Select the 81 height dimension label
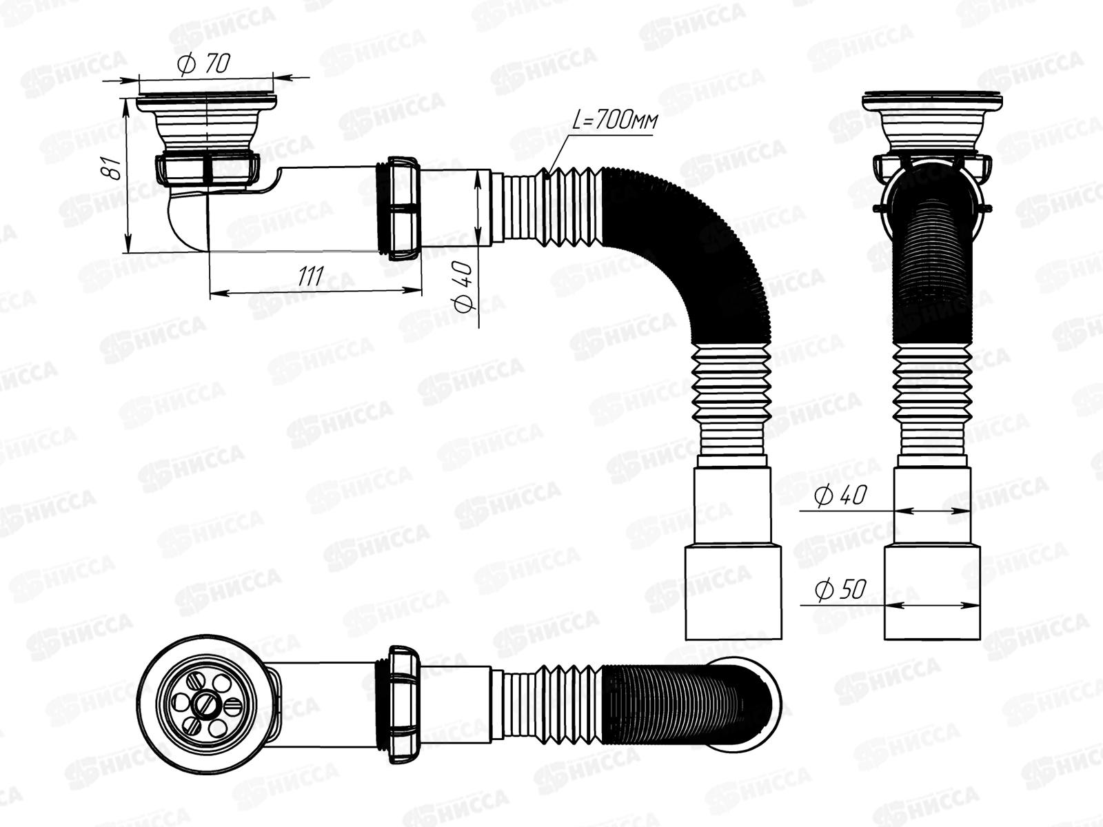coord(111,167)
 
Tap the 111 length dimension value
coord(311,276)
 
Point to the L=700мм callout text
coord(615,121)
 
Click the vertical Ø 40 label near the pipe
coord(463,287)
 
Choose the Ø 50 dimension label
coord(840,589)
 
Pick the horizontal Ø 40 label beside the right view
coord(840,495)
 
